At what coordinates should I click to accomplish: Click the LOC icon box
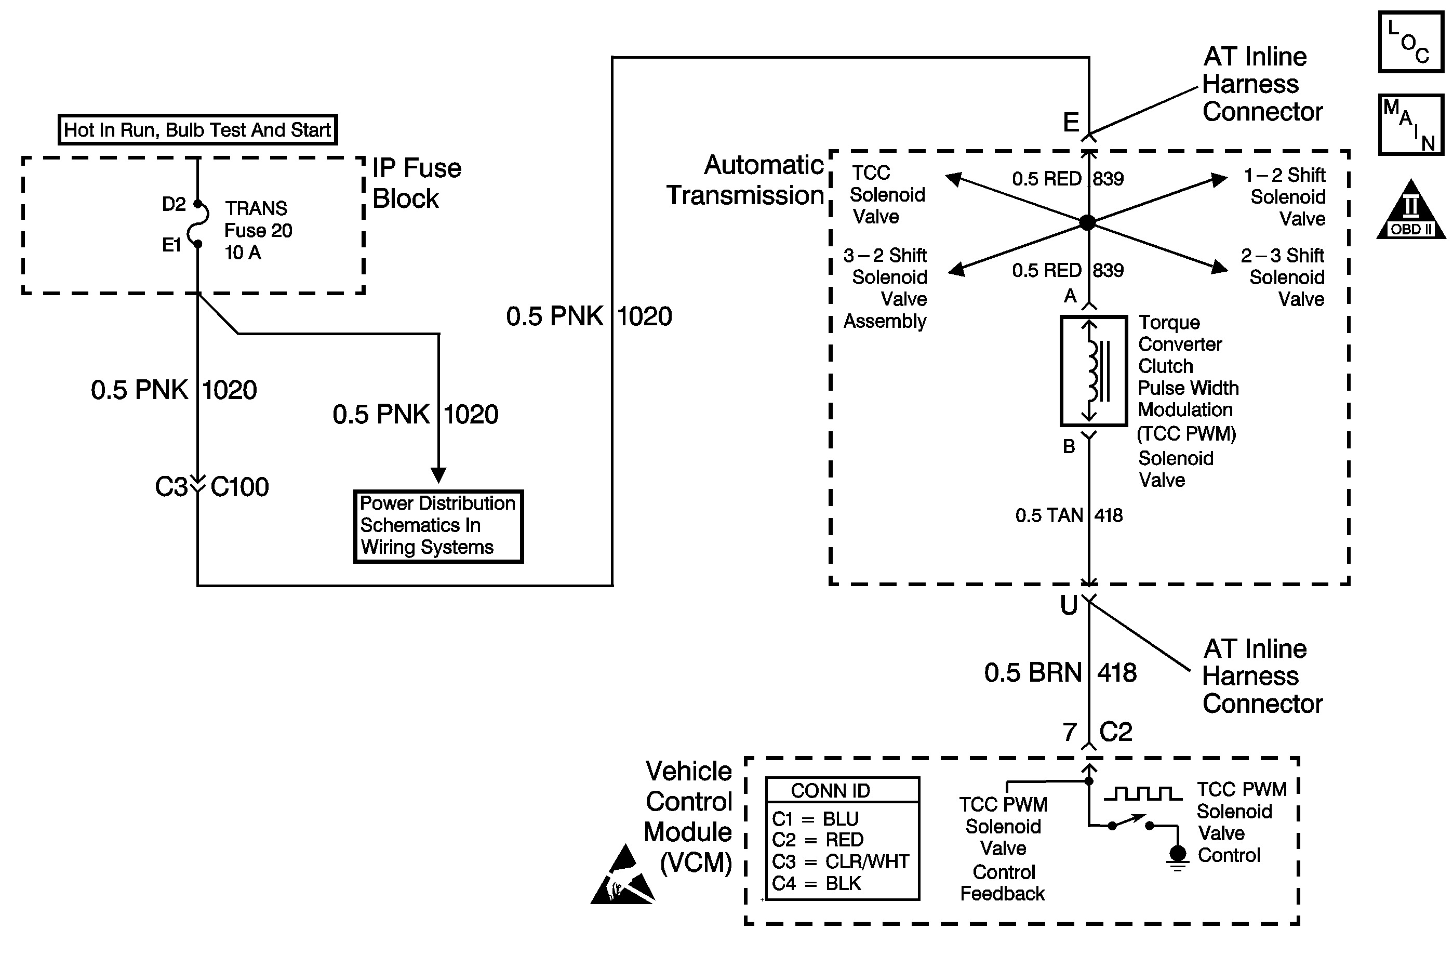(1410, 42)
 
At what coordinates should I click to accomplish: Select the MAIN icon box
(1410, 125)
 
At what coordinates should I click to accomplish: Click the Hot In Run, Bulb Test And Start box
(197, 129)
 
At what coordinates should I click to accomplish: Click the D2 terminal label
(174, 204)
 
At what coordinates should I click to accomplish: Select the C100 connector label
(239, 487)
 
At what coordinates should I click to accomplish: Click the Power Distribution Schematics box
(438, 526)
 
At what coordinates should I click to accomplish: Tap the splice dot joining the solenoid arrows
(1087, 222)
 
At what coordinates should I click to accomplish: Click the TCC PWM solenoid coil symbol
(1094, 370)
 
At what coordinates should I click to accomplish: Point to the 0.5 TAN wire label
(1049, 515)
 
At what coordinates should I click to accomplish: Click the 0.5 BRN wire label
(1033, 673)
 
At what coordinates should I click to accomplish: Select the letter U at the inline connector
(1069, 605)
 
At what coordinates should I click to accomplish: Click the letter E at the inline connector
(1071, 123)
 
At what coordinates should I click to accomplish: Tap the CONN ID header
(830, 791)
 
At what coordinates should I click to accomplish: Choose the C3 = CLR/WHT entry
(840, 861)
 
